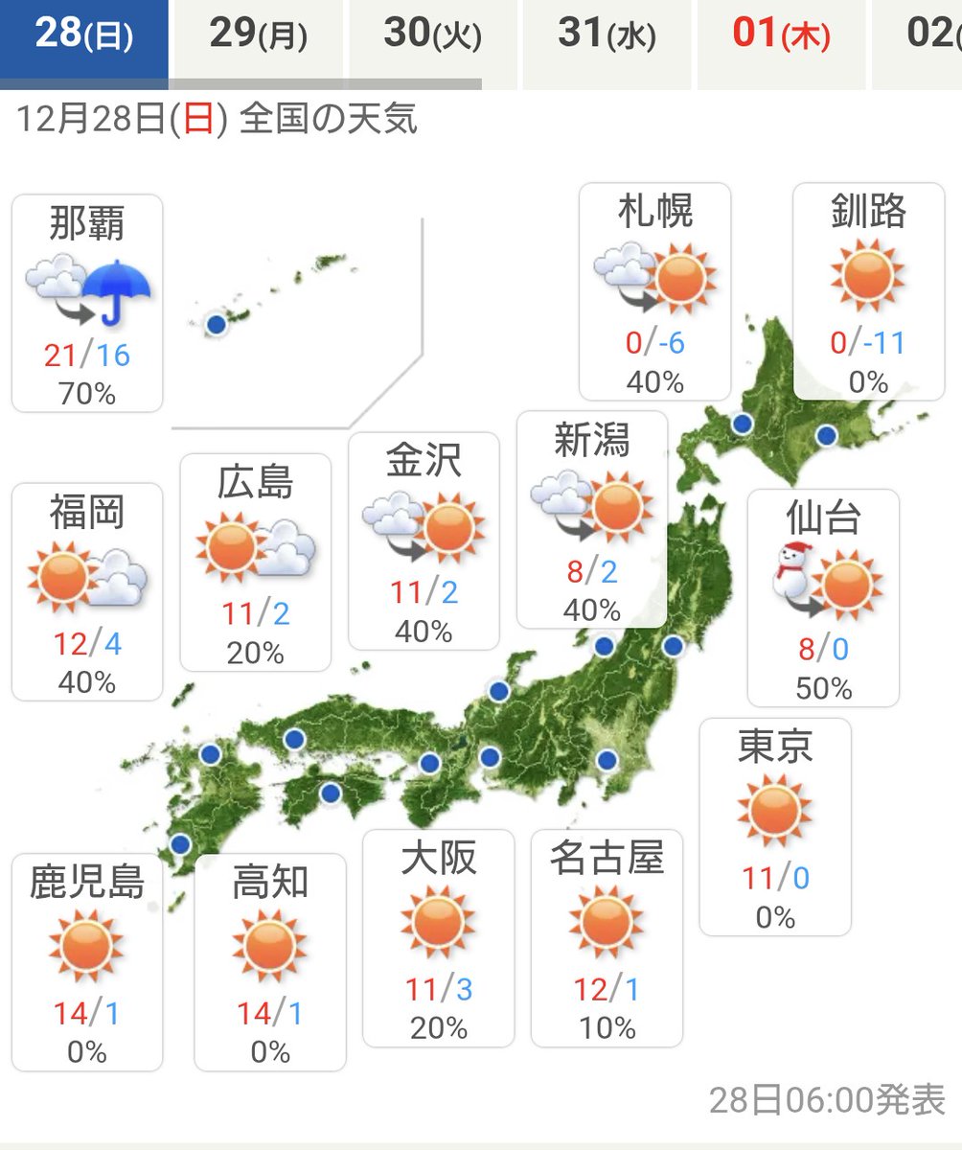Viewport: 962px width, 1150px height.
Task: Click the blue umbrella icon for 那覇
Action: tap(117, 287)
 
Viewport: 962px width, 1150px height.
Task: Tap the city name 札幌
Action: tap(655, 212)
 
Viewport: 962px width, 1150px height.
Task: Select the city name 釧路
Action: tap(868, 212)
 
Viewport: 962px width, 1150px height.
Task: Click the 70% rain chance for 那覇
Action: tap(87, 393)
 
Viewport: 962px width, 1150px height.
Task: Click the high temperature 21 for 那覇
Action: tap(59, 356)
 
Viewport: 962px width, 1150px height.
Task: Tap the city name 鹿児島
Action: tap(87, 881)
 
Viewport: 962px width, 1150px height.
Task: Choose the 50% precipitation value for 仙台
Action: tap(823, 688)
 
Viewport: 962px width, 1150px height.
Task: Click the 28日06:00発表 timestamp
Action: tap(827, 1099)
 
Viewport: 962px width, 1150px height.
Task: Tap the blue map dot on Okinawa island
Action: tap(217, 325)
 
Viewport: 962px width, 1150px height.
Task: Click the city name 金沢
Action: tap(424, 460)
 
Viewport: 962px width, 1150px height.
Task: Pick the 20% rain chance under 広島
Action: tap(256, 654)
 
